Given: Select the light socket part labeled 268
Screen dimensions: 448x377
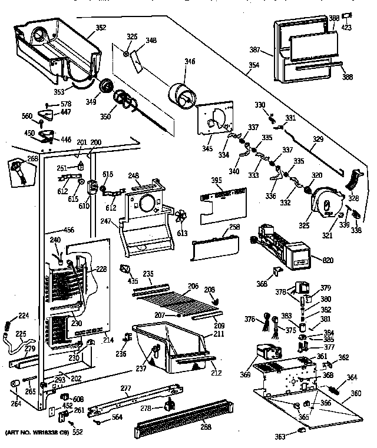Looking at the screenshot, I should point(20,172).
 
